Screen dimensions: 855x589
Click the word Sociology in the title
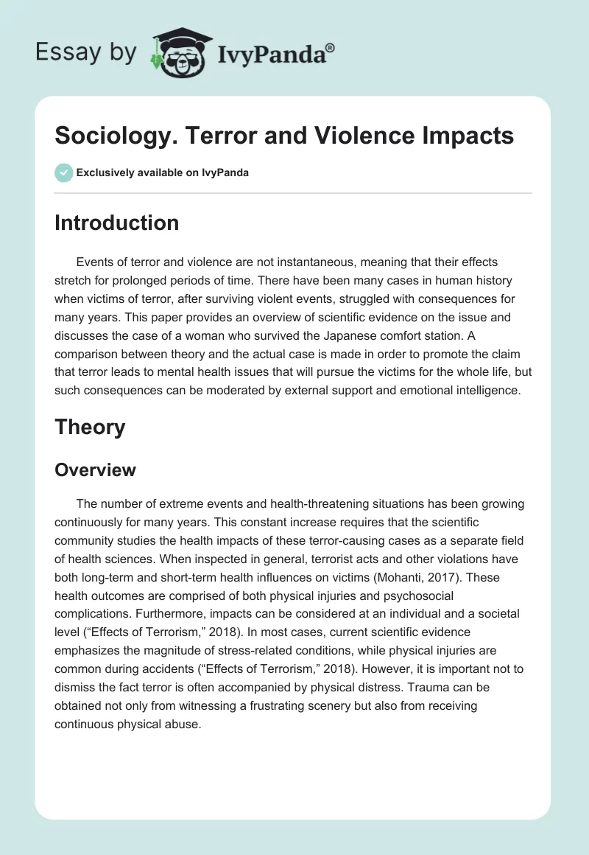tap(104, 136)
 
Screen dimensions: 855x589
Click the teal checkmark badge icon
tap(63, 172)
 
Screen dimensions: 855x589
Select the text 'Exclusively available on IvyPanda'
tap(162, 173)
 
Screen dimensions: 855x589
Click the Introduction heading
tap(116, 223)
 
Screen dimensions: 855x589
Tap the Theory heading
tap(90, 427)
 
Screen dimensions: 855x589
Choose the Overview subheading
tap(95, 470)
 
